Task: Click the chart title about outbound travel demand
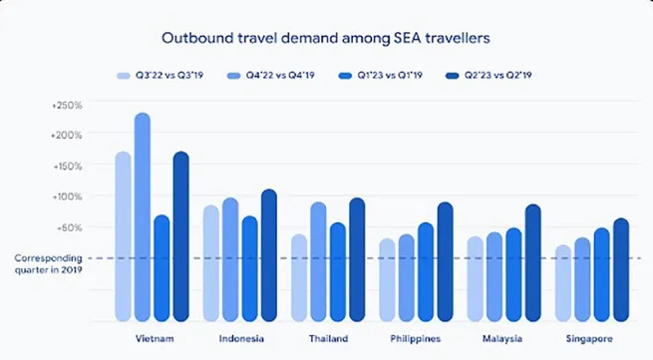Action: pos(325,37)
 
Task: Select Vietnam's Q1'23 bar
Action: pos(162,268)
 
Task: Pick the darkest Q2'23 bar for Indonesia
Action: pos(268,255)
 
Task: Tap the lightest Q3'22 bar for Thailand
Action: pos(299,278)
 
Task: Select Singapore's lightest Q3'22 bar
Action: pos(563,283)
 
